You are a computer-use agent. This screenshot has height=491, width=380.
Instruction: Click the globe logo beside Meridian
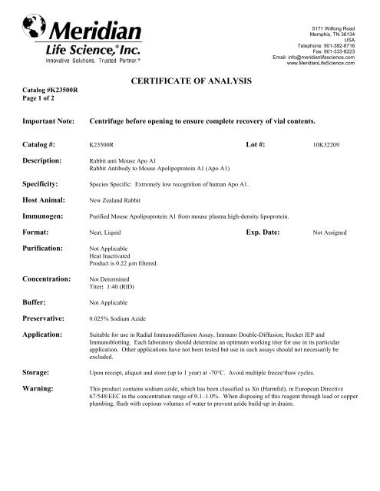point(35,28)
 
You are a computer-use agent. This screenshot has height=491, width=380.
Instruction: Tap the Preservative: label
point(49,316)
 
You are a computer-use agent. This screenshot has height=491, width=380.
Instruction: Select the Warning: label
point(41,388)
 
